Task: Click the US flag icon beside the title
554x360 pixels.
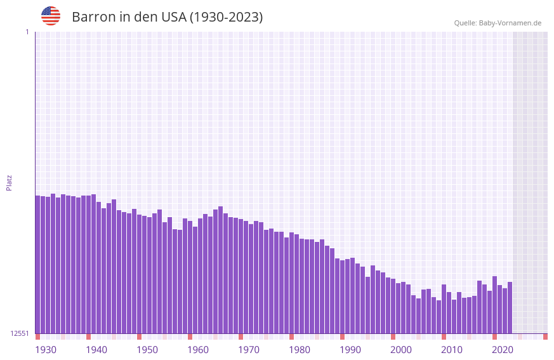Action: click(51, 16)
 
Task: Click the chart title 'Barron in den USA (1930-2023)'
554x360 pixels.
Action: click(167, 17)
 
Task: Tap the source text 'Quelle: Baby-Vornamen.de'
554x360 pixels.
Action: click(498, 23)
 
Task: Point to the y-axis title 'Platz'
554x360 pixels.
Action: click(9, 182)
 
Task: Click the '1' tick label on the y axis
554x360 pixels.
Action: click(27, 32)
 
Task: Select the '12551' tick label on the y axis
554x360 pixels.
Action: click(20, 333)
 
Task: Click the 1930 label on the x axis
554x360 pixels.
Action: click(46, 350)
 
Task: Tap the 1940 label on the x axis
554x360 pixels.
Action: click(96, 350)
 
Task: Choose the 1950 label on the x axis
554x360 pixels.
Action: click(147, 350)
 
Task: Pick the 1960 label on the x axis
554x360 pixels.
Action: click(198, 350)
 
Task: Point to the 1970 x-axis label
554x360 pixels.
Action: click(249, 350)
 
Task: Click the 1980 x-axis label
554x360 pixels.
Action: click(300, 350)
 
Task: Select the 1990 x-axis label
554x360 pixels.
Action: click(350, 350)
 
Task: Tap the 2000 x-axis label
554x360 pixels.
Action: click(401, 350)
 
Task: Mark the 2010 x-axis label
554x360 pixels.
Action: click(452, 350)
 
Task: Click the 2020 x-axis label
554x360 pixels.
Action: click(503, 350)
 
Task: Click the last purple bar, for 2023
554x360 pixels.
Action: click(510, 307)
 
